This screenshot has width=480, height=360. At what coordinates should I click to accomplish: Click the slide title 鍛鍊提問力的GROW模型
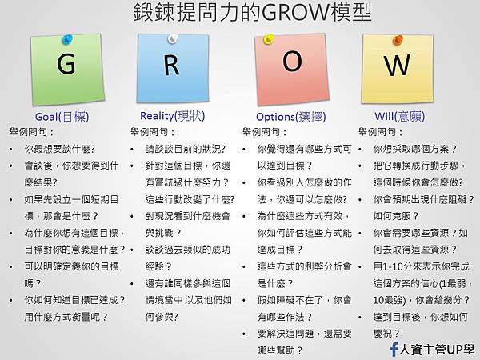click(240, 14)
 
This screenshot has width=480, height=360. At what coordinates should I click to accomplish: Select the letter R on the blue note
click(171, 65)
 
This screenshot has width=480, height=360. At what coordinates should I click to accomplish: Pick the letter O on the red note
click(292, 62)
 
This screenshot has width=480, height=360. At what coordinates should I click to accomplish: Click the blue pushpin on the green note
click(67, 38)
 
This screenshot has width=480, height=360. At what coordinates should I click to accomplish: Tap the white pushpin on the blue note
click(172, 38)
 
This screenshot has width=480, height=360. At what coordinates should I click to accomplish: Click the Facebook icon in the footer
click(394, 349)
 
